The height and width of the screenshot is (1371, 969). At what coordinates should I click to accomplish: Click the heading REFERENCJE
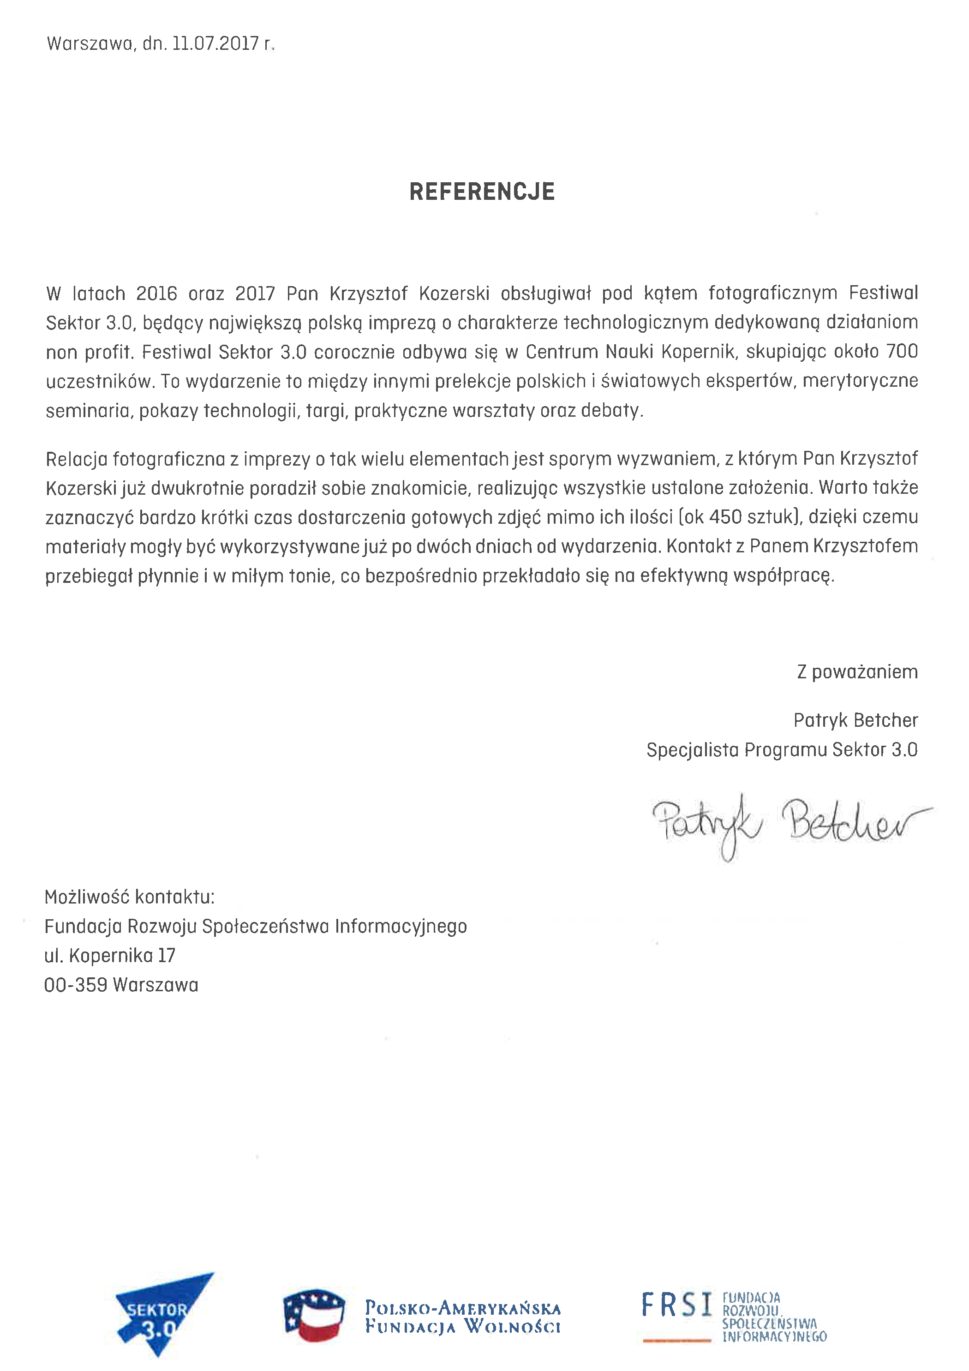tap(482, 192)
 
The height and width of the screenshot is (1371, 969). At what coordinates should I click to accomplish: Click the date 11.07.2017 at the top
tap(215, 43)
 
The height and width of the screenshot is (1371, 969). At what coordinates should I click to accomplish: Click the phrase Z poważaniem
tap(857, 672)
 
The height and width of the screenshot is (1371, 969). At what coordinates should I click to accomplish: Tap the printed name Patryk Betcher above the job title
tap(855, 720)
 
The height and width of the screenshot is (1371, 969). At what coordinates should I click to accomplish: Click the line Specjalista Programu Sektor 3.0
tap(782, 749)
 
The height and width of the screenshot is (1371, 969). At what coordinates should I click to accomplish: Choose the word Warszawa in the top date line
tap(90, 43)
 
